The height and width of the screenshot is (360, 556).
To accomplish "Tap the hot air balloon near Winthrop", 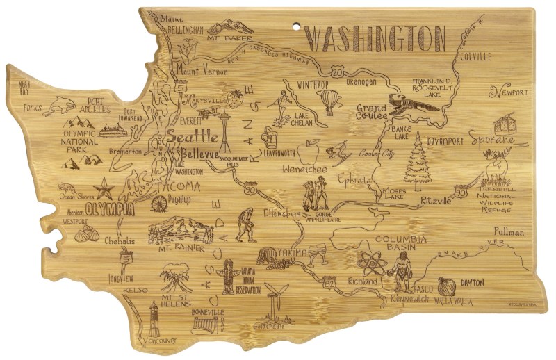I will (330, 101).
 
